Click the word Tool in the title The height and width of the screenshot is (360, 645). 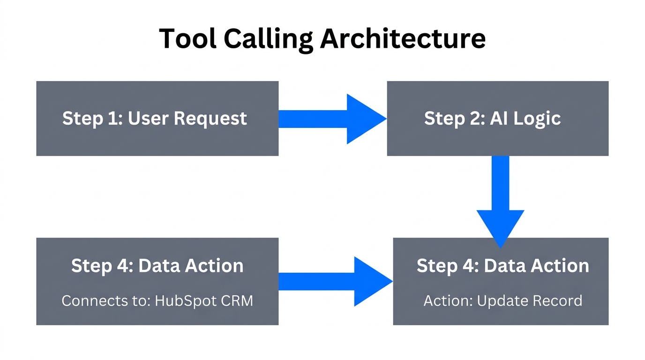(188, 38)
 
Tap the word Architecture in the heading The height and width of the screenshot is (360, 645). (403, 38)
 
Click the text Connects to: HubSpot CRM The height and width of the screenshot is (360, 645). (157, 300)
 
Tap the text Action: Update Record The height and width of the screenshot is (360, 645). (502, 300)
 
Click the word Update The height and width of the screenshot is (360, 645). (500, 300)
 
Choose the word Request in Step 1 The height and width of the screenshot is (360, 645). (210, 119)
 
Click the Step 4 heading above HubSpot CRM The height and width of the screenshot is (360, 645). (157, 266)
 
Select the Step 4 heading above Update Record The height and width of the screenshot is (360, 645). (502, 266)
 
